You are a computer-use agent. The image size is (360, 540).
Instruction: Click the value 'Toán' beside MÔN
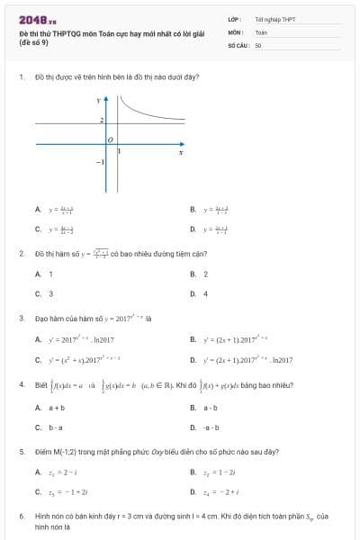click(x=261, y=31)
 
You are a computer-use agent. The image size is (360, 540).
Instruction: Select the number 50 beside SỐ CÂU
click(x=258, y=44)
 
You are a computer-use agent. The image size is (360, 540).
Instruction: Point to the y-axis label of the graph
click(x=99, y=100)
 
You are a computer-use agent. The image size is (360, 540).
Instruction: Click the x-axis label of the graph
click(x=181, y=153)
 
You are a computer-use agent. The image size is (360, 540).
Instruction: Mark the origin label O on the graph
click(x=110, y=139)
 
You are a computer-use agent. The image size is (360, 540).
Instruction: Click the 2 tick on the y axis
click(x=102, y=121)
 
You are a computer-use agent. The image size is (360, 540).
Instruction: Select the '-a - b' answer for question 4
click(x=211, y=427)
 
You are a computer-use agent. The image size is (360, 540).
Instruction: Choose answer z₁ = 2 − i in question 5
click(x=65, y=472)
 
